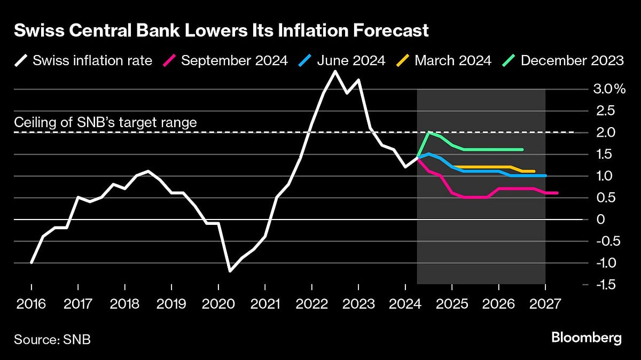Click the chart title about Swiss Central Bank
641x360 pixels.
221,31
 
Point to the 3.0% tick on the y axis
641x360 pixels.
609,89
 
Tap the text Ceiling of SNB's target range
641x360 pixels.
106,122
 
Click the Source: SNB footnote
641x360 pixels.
52,339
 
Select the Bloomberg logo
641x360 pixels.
586,338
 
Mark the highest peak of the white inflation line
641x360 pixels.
335,71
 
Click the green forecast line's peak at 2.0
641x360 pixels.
428,132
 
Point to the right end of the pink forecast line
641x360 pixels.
557,193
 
